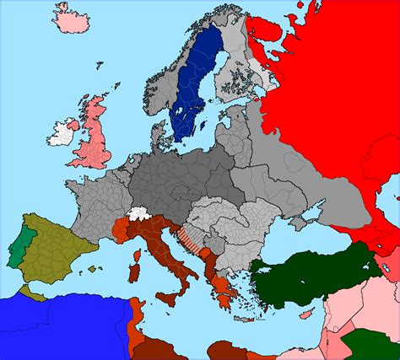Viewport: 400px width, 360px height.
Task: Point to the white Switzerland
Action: (139, 215)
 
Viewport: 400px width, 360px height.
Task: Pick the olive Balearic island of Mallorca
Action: (95, 270)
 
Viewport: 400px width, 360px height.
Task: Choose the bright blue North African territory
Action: (42, 325)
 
